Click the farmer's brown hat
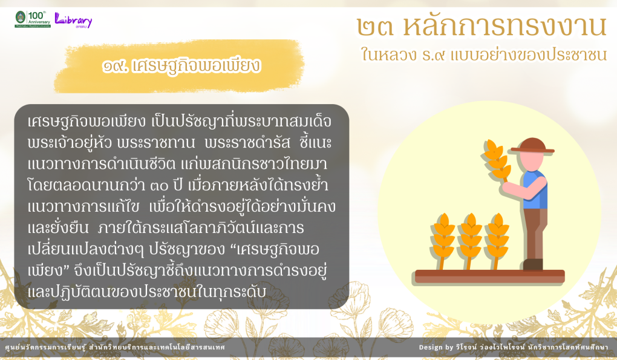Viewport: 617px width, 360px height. click(532, 146)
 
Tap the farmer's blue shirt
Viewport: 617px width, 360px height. click(535, 189)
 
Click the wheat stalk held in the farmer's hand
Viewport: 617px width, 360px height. click(497, 159)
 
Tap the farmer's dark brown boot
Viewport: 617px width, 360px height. click(533, 264)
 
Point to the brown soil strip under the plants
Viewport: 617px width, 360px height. click(490, 276)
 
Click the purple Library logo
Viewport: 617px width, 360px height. click(73, 20)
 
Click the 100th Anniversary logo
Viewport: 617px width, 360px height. click(33, 19)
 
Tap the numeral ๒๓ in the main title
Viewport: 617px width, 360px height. click(375, 27)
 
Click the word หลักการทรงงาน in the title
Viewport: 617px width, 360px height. click(505, 26)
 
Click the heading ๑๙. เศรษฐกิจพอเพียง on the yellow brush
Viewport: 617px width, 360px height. click(181, 66)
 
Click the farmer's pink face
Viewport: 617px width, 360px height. click(532, 162)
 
